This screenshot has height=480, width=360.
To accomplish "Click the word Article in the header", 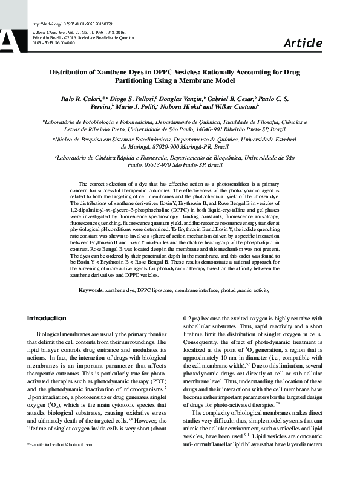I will pos(303,43).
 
